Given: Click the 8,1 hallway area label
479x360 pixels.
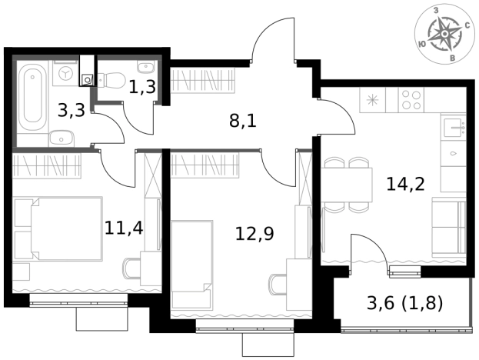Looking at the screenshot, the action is (x=243, y=122).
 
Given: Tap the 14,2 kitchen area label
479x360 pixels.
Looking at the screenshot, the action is (x=405, y=184).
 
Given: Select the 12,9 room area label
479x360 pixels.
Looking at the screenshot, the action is (x=254, y=234).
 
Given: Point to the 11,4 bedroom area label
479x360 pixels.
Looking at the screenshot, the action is (x=124, y=228).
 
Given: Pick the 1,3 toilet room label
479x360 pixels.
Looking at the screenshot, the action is (x=142, y=87).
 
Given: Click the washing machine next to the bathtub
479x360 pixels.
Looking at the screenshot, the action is (x=66, y=73).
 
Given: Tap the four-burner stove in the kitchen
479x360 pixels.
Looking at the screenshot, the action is (x=411, y=100).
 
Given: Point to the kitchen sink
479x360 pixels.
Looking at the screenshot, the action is (x=454, y=127).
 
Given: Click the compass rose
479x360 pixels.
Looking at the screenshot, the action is (x=444, y=34).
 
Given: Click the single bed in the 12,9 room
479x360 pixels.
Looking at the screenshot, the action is (x=192, y=265).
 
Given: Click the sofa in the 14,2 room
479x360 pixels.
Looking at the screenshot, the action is (x=449, y=228).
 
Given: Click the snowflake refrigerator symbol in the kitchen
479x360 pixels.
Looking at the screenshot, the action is (x=373, y=100).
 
